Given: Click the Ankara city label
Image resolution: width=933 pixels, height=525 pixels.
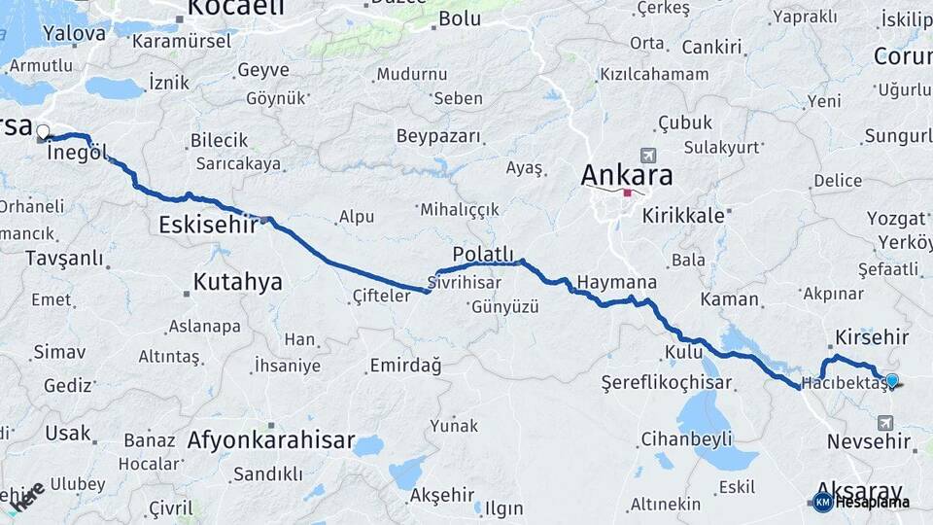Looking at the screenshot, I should click(x=627, y=176).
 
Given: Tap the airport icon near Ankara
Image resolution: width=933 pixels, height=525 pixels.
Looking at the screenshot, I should click(x=648, y=155).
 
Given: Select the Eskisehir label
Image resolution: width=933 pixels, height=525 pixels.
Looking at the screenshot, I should click(x=208, y=226).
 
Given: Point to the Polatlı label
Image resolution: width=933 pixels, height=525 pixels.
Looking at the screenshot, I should click(x=482, y=255).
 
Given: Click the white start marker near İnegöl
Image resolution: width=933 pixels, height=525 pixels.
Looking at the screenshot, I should click(x=43, y=131).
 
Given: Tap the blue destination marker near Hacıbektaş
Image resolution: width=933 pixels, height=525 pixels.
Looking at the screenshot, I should click(x=891, y=380).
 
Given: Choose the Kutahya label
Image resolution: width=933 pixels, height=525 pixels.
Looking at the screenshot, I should click(x=237, y=282).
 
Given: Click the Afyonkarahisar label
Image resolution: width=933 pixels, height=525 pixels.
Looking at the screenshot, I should click(x=271, y=439).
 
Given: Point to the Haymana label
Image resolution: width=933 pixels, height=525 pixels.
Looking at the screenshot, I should click(x=616, y=283).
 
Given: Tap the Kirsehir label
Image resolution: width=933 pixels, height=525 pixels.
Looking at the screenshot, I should click(x=872, y=337).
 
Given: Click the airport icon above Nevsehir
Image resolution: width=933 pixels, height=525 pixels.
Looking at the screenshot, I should click(x=884, y=422).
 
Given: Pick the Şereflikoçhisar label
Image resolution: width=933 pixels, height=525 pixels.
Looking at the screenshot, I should click(x=665, y=382).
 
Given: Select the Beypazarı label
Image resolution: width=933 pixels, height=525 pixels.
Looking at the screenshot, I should click(x=438, y=136).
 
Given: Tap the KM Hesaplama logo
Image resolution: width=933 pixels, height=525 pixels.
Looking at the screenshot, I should click(x=861, y=502).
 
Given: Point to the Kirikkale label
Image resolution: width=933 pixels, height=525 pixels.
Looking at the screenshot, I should click(x=683, y=216).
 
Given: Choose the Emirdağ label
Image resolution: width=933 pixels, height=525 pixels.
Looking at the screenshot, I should click(x=405, y=366).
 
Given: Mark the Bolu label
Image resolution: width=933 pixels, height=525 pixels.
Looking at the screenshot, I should click(x=460, y=18).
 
